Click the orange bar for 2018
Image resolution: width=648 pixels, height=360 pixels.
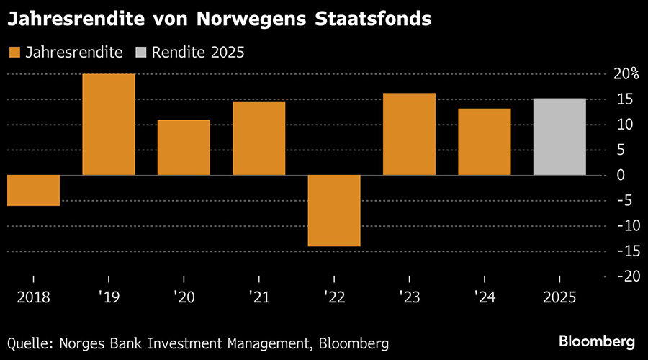pyautogui.click(x=33, y=190)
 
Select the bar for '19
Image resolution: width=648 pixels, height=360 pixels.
pyautogui.click(x=109, y=125)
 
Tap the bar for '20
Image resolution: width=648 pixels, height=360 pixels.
pyautogui.click(x=184, y=148)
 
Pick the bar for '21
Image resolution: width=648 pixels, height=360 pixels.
pyautogui.click(x=258, y=138)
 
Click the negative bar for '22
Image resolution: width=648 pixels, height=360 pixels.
pyautogui.click(x=333, y=210)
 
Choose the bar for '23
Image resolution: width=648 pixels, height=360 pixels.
pyautogui.click(x=409, y=134)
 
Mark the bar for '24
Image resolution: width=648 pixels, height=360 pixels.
pyautogui.click(x=484, y=142)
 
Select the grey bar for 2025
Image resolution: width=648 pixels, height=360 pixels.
pyautogui.click(x=559, y=137)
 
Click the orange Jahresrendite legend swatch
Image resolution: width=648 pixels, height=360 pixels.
pyautogui.click(x=14, y=52)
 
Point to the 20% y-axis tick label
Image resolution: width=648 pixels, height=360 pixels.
pyautogui.click(x=626, y=74)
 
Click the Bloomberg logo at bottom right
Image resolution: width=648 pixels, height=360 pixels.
pyautogui.click(x=597, y=339)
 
